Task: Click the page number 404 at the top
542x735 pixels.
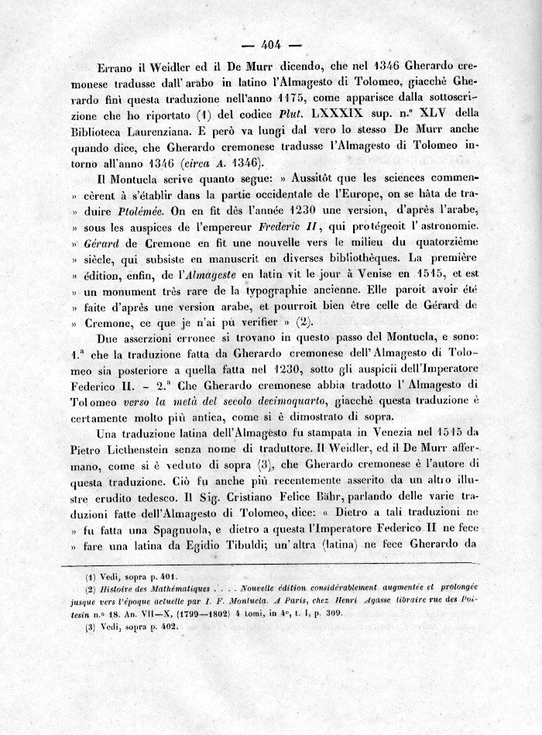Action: pos(275,43)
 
